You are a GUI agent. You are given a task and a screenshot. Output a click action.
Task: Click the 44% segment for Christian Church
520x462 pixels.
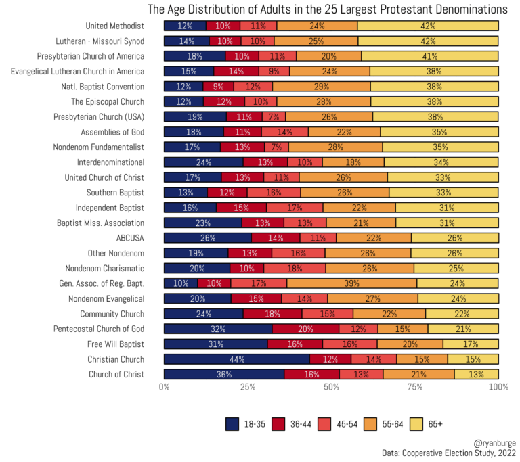click(237, 359)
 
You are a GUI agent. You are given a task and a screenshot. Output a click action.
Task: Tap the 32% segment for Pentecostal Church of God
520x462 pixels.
click(218, 329)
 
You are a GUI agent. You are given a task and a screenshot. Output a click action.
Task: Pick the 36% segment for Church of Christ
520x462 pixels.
click(224, 374)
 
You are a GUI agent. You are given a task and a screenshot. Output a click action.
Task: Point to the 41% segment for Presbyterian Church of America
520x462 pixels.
click(430, 56)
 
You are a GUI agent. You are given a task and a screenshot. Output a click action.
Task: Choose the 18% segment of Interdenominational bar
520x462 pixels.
click(353, 162)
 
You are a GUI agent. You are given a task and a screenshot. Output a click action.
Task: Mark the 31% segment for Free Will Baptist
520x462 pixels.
click(216, 344)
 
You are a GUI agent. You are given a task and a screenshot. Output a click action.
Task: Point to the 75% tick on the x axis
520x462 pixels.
click(415, 387)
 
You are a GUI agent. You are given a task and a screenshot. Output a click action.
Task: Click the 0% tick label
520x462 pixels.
click(164, 387)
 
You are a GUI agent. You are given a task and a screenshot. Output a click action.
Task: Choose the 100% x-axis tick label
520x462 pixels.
click(498, 387)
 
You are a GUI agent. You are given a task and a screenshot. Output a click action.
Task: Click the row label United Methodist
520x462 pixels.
click(115, 26)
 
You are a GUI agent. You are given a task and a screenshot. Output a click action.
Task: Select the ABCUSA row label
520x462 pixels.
click(131, 238)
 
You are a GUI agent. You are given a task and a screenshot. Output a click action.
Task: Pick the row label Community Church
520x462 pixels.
click(112, 314)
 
